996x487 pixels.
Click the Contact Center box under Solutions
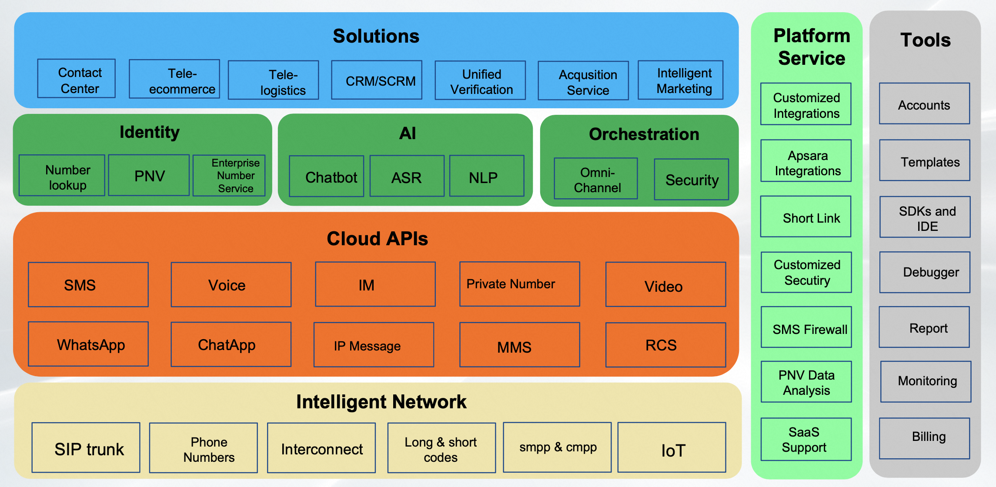pyautogui.click(x=77, y=79)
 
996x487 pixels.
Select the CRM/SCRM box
pyautogui.click(x=377, y=80)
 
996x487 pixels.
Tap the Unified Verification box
pyautogui.click(x=480, y=80)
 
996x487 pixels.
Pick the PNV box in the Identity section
pyautogui.click(x=149, y=175)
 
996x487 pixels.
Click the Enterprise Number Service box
pyautogui.click(x=229, y=175)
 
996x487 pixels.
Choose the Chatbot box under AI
pyautogui.click(x=327, y=176)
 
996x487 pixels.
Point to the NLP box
pyautogui.click(x=487, y=176)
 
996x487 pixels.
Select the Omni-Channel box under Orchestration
pyautogui.click(x=596, y=179)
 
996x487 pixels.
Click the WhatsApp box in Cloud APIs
pyautogui.click(x=88, y=344)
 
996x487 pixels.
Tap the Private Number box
pyautogui.click(x=520, y=284)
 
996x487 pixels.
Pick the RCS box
pyautogui.click(x=666, y=345)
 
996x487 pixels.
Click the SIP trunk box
pyautogui.click(x=86, y=447)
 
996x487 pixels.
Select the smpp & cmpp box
pyautogui.click(x=558, y=447)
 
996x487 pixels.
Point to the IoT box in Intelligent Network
pyautogui.click(x=672, y=447)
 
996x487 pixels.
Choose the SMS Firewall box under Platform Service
pyautogui.click(x=806, y=327)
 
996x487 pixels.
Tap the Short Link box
pyautogui.click(x=806, y=217)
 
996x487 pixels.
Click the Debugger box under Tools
pyautogui.click(x=925, y=272)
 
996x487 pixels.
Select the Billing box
pyautogui.click(x=925, y=438)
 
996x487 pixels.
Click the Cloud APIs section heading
pyautogui.click(x=378, y=239)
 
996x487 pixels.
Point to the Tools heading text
pyautogui.click(x=926, y=40)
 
